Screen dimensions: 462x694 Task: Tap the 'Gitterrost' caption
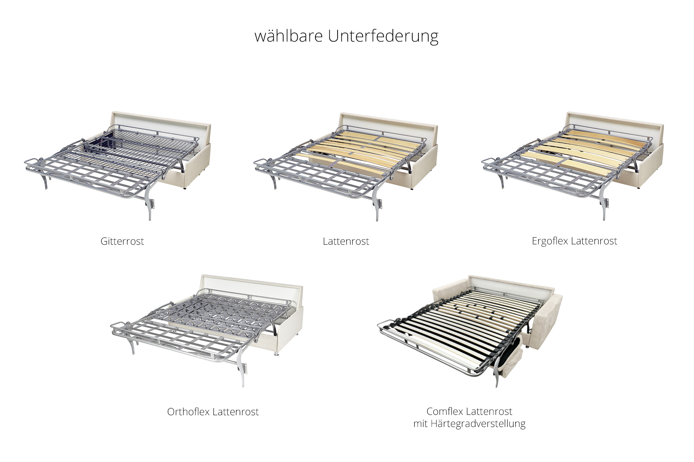pyautogui.click(x=122, y=241)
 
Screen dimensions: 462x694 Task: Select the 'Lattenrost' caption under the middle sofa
pyautogui.click(x=346, y=241)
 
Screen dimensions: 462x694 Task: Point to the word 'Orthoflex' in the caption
pyautogui.click(x=188, y=412)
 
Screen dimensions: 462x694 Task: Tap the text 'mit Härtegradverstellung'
pyautogui.click(x=469, y=424)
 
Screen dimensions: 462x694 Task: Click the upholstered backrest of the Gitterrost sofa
pyautogui.click(x=160, y=120)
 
